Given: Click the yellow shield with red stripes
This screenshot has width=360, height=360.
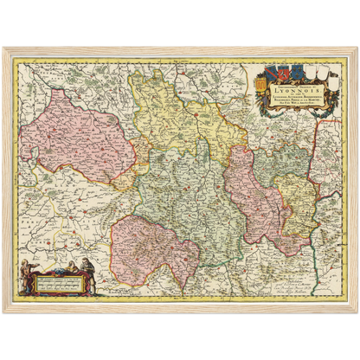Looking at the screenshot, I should (260, 85).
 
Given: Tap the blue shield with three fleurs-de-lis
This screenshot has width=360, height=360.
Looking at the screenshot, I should (297, 72).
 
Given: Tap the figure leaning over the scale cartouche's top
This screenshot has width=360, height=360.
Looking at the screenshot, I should (72, 267).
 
